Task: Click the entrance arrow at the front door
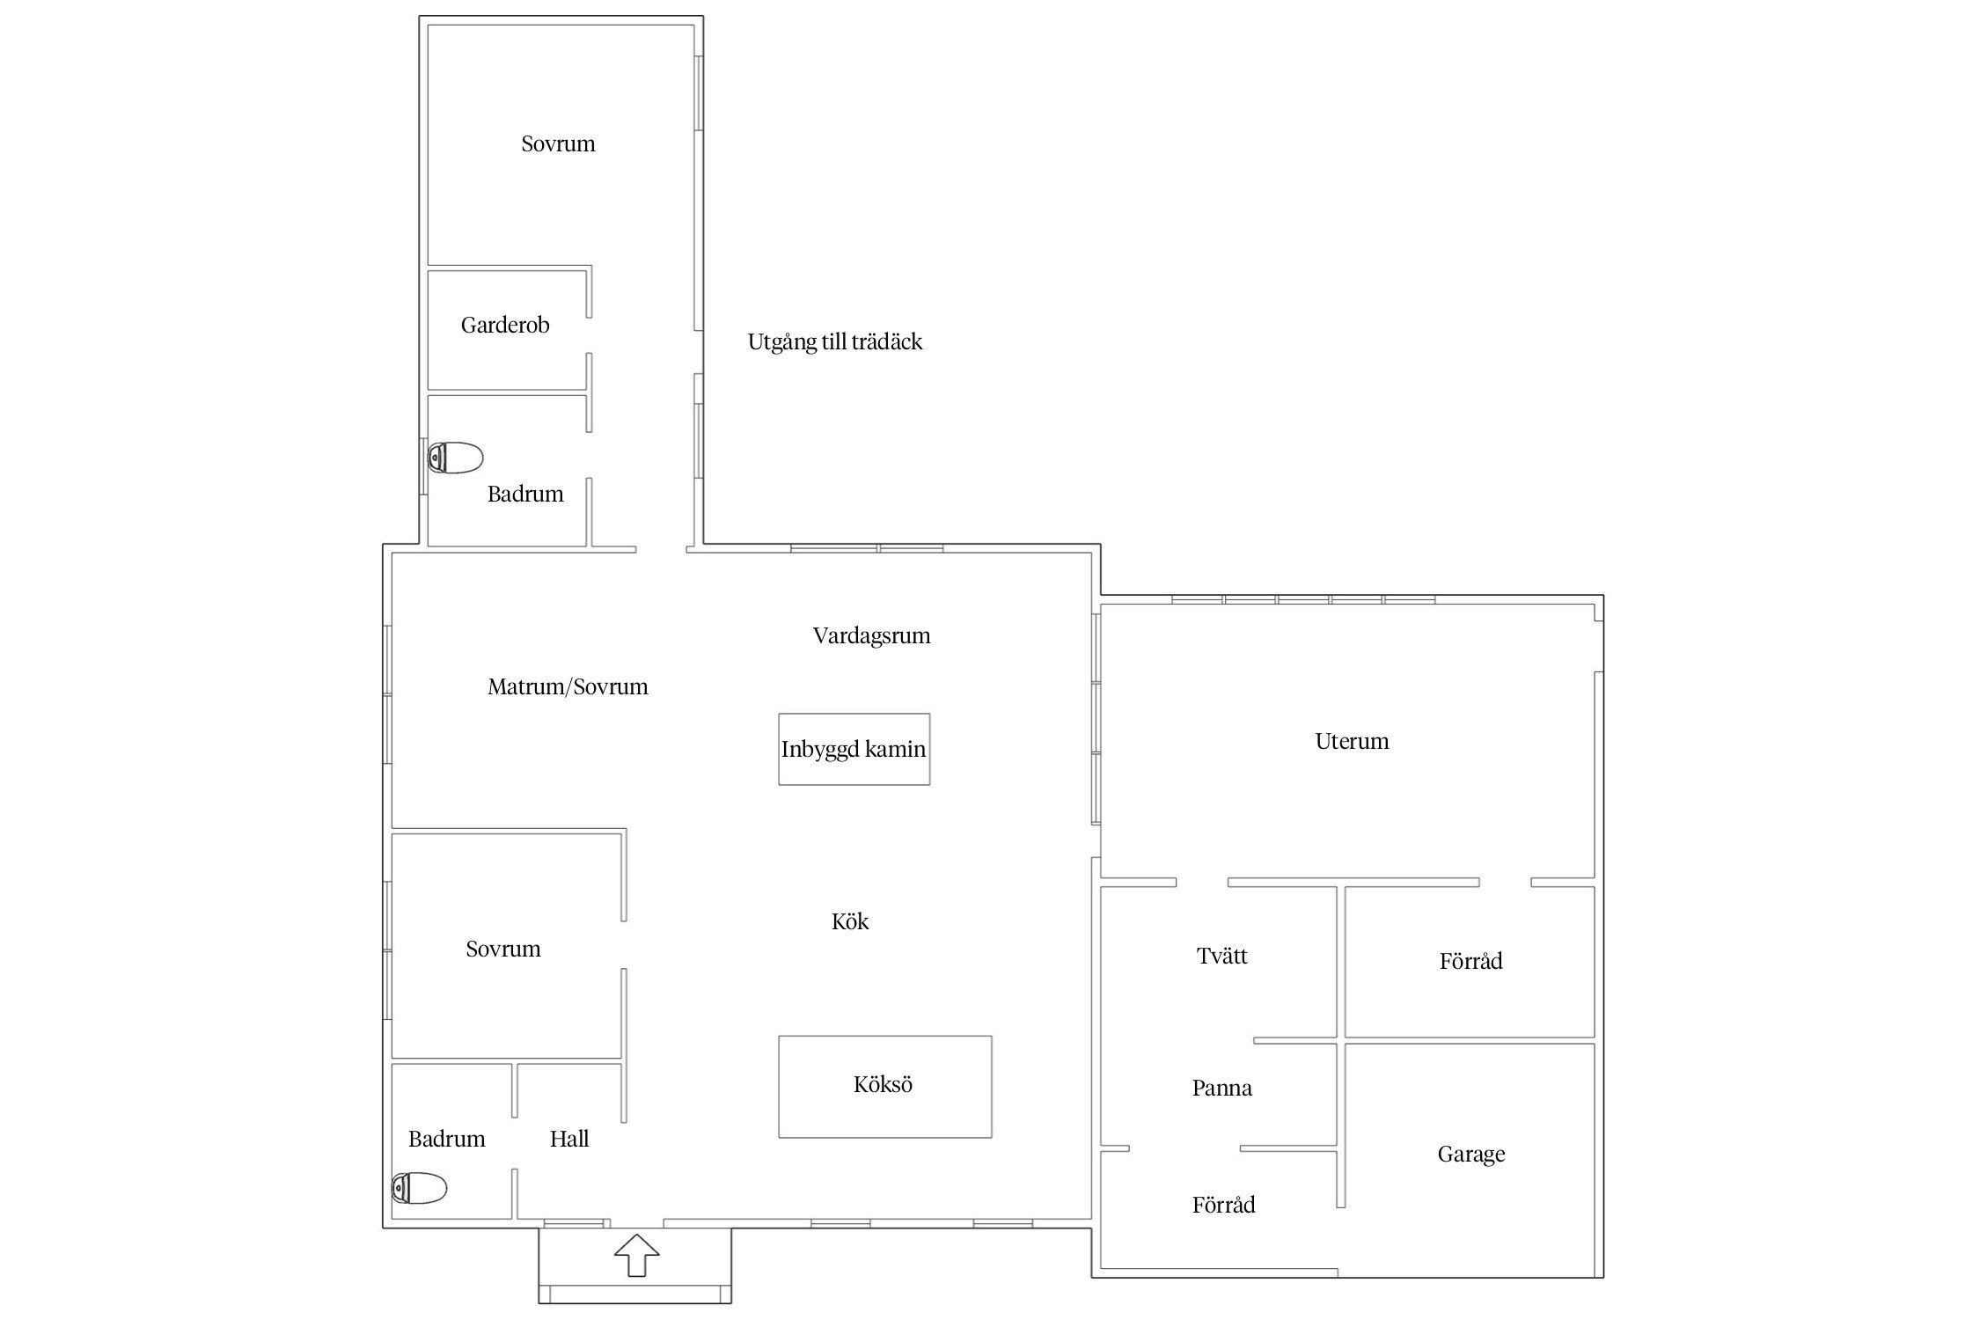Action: click(636, 1255)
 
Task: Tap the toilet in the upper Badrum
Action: click(455, 458)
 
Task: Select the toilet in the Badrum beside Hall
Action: click(419, 1188)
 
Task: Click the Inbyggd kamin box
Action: click(854, 749)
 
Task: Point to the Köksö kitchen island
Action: click(884, 1086)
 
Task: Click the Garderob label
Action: click(505, 325)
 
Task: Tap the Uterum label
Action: click(1352, 741)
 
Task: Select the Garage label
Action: click(1471, 1155)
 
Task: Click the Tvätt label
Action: click(1222, 956)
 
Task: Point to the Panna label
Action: click(1222, 1088)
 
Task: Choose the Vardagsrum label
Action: click(871, 635)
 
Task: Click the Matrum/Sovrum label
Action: click(568, 686)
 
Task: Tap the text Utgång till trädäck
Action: click(835, 341)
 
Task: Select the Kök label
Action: click(850, 921)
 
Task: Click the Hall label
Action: click(569, 1139)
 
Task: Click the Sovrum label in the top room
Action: click(558, 143)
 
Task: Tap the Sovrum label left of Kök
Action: click(503, 949)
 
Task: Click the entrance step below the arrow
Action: click(634, 1294)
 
